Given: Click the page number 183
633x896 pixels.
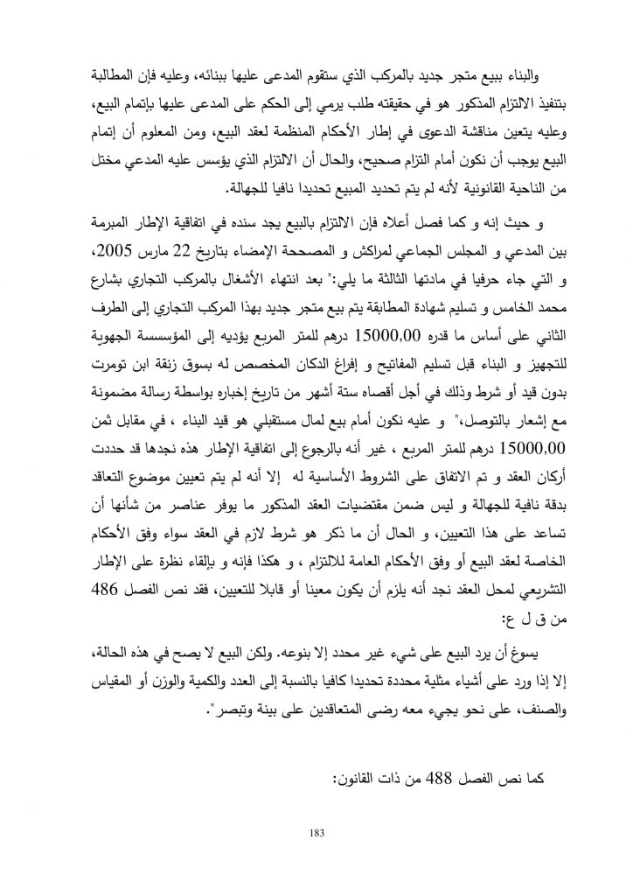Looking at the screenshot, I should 316,831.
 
